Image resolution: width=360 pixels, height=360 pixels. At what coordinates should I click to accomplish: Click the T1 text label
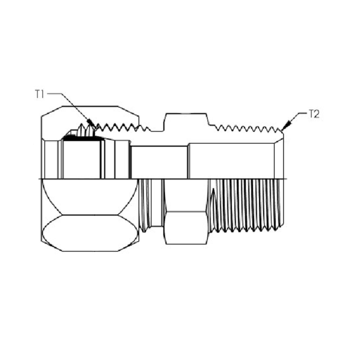click(40, 94)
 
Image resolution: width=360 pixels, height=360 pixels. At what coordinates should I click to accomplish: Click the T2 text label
click(314, 114)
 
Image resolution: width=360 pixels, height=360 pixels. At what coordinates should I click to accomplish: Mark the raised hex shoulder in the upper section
click(186, 121)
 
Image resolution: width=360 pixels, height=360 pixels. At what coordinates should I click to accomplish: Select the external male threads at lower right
click(247, 205)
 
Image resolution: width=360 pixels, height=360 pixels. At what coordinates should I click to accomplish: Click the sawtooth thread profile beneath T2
click(247, 129)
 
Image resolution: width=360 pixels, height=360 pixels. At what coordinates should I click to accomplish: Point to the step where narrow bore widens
click(188, 161)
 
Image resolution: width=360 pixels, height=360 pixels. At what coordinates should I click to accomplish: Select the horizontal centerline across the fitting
click(180, 179)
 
